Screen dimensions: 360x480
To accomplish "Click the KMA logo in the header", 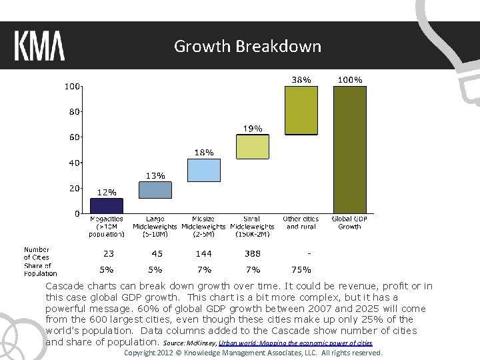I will tap(40, 46).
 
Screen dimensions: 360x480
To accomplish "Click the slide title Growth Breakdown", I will tap(247, 46).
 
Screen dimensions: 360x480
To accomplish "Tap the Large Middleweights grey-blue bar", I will tap(155, 190).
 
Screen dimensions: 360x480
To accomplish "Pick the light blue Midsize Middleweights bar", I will tap(204, 170).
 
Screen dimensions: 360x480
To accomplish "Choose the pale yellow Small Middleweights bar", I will tap(253, 147).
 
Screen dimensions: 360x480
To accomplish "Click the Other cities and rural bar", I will tap(301, 111).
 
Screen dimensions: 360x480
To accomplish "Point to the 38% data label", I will tap(301, 79).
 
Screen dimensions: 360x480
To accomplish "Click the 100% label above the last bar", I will tap(350, 79).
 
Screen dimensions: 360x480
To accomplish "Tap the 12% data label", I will tap(107, 191).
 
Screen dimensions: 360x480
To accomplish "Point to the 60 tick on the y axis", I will tap(72, 137).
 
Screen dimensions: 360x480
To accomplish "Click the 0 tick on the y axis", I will tap(77, 213).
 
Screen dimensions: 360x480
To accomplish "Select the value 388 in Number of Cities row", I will tap(253, 253).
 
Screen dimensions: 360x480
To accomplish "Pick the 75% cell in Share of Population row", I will tap(301, 270).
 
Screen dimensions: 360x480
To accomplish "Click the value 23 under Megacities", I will tap(108, 253).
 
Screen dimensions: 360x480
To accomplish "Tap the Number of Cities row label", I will tap(37, 253).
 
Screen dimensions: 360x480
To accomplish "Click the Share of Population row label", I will tap(40, 269).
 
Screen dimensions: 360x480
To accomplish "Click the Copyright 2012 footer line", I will tap(253, 353).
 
